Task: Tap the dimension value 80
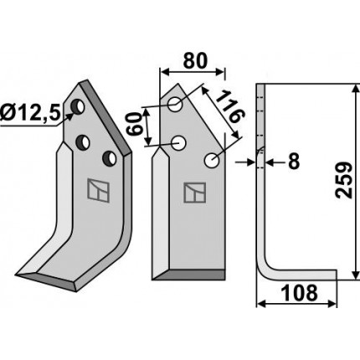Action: (x=195, y=60)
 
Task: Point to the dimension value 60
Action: (x=133, y=124)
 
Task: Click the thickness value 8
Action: (x=294, y=162)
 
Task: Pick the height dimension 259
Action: (x=344, y=180)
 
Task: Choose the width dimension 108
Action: (x=299, y=293)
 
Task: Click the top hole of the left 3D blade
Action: (x=78, y=106)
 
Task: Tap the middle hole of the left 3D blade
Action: (x=83, y=142)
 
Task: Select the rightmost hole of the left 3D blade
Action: (x=110, y=158)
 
